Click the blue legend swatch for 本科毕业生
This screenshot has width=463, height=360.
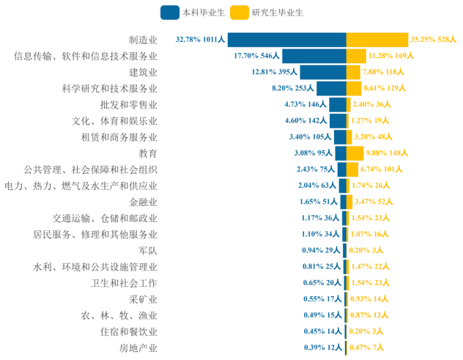tap(171, 12)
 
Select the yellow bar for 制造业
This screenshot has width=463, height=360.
tap(377, 40)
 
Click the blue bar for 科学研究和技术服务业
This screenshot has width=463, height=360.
tap(332, 88)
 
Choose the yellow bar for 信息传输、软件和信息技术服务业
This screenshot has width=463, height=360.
tap(356, 56)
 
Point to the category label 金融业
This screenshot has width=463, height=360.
tap(143, 202)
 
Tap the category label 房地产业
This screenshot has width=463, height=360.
tap(138, 348)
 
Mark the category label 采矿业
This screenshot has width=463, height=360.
tap(143, 299)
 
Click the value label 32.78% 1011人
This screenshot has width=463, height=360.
tap(201, 40)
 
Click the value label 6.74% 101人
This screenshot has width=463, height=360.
tap(383, 169)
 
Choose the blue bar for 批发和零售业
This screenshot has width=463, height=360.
tap(338, 105)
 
